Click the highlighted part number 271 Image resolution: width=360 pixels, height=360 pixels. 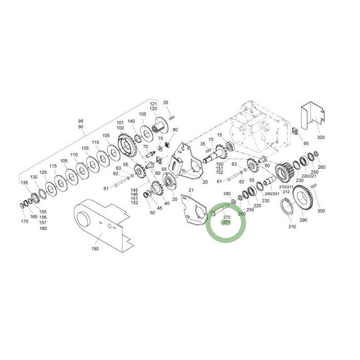click(226, 222)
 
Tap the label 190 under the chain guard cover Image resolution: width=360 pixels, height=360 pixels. click(95, 249)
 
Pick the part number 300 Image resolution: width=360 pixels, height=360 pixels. click(321, 211)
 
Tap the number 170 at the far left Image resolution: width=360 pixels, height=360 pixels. click(24, 221)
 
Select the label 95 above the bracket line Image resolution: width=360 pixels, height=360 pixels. click(81, 121)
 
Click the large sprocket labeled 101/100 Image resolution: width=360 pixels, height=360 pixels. click(127, 145)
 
